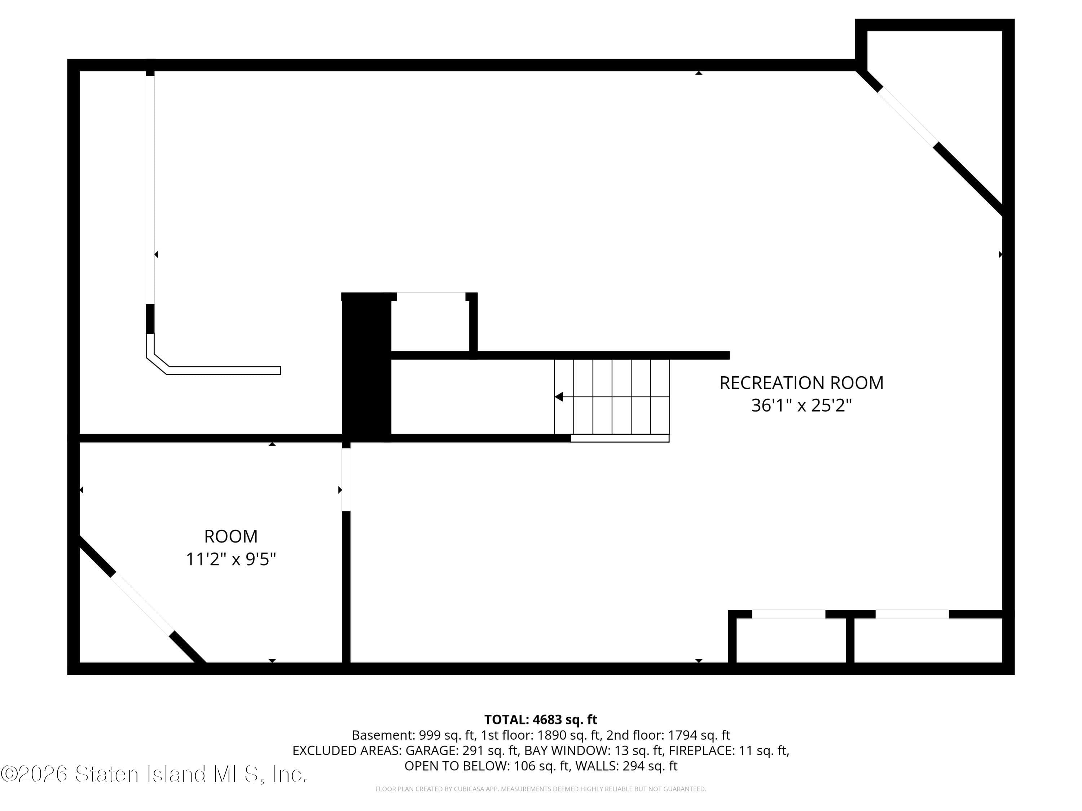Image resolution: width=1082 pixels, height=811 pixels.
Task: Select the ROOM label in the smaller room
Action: [230, 536]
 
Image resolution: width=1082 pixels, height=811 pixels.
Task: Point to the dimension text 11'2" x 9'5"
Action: [230, 559]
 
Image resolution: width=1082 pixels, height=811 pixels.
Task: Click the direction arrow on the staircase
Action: [559, 397]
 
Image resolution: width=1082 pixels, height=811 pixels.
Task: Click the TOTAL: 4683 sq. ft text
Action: [541, 719]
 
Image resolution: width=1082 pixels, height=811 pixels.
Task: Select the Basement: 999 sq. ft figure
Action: [413, 735]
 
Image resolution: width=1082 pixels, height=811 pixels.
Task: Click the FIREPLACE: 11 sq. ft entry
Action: [729, 750]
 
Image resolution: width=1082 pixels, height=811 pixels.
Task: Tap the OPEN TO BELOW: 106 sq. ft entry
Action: [487, 766]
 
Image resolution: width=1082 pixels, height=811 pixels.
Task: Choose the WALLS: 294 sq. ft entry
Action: [626, 766]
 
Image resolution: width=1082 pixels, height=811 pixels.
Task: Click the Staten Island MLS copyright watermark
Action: [154, 774]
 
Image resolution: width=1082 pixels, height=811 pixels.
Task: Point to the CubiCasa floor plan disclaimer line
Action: [541, 789]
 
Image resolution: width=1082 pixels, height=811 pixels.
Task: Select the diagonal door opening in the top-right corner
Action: [907, 116]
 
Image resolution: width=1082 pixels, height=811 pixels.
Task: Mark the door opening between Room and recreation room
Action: [346, 479]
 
